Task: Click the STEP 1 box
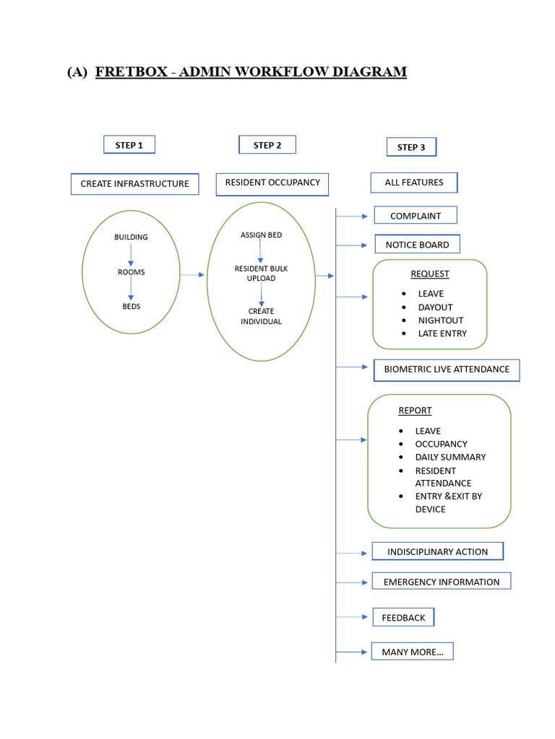129,145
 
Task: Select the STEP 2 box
267,145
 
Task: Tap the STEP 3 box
411,147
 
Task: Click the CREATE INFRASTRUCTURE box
134,184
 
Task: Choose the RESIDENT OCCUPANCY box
272,183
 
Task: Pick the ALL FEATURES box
414,183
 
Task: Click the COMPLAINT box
416,216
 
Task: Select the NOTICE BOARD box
417,245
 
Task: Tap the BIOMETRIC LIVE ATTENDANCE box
447,369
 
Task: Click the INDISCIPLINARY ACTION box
437,552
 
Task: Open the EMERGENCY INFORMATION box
442,582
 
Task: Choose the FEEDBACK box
403,618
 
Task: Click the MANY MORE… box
412,652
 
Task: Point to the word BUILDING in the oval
131,237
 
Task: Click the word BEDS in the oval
131,307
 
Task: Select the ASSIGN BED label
261,235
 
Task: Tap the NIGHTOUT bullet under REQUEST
440,320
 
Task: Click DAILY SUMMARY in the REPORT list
450,458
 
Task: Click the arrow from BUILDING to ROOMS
131,254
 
